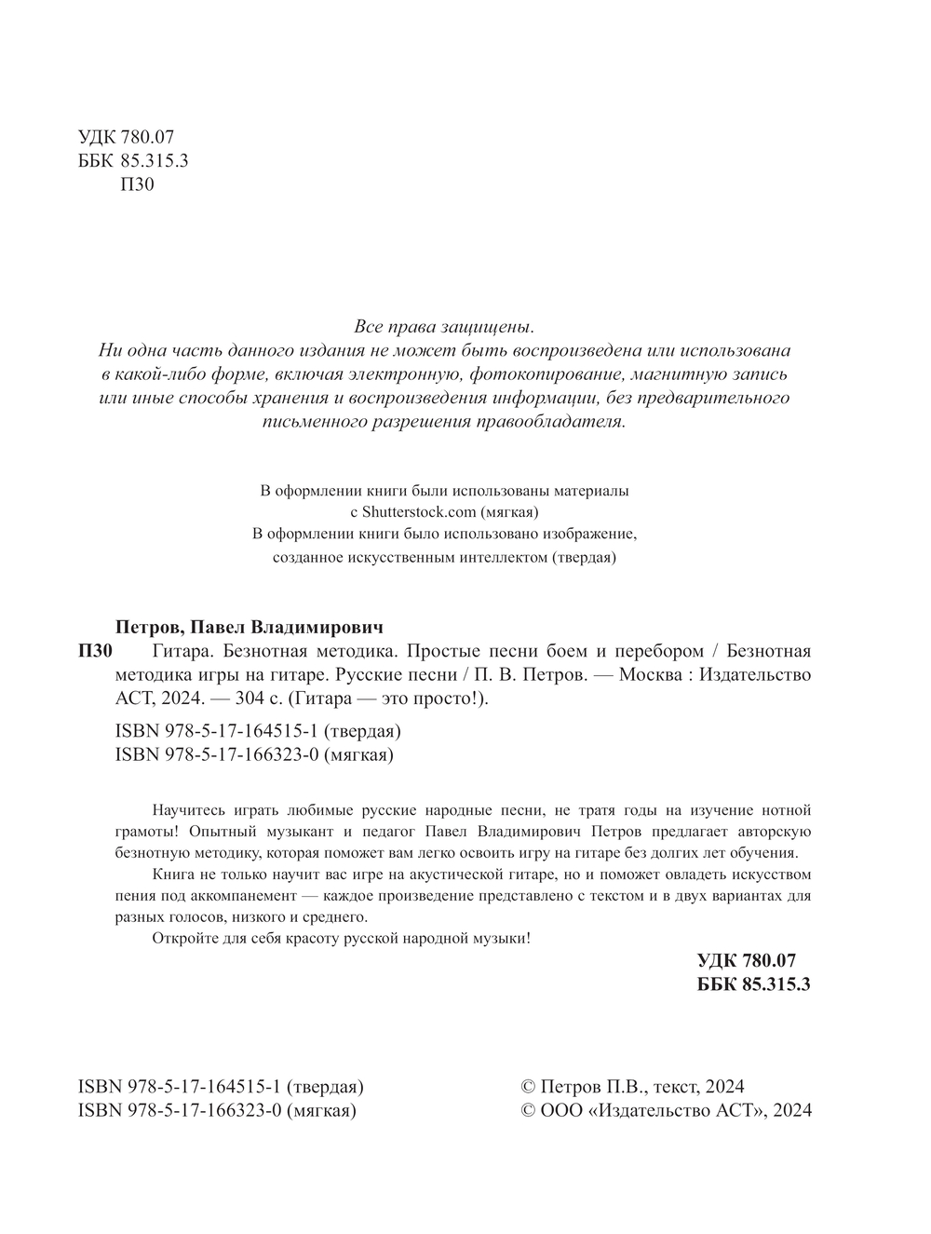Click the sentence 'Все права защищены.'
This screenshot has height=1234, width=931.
[x=445, y=328]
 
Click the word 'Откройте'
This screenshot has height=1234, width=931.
[x=181, y=939]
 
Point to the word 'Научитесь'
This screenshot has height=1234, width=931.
[x=185, y=810]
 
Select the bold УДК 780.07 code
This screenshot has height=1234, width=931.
[x=747, y=961]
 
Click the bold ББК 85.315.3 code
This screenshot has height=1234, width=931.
[x=754, y=984]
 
